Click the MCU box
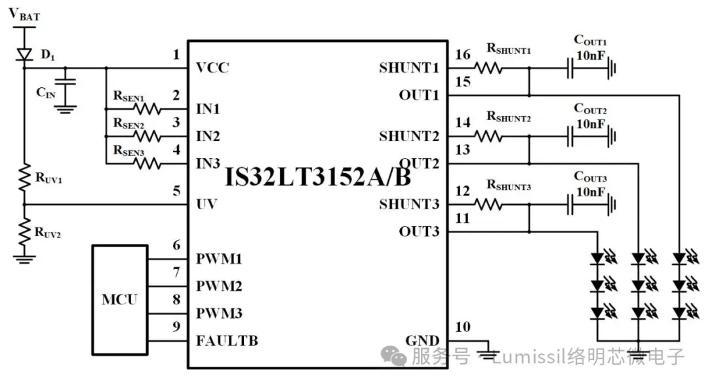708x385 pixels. tap(119, 300)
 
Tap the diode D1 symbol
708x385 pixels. tap(25, 53)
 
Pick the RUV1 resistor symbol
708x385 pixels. tap(25, 176)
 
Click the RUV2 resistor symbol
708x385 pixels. tap(25, 230)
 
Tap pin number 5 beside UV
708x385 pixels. tap(176, 191)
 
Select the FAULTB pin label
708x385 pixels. tap(227, 341)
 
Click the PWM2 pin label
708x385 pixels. tap(219, 287)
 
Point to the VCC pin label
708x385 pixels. tap(212, 68)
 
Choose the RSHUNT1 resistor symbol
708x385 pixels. tap(488, 68)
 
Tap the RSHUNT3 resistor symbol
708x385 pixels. tap(488, 204)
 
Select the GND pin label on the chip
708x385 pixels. tap(422, 341)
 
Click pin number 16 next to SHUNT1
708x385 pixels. tap(463, 54)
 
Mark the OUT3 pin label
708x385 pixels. tap(419, 232)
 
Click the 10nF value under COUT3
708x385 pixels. tap(590, 191)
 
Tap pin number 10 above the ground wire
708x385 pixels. tap(463, 327)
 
